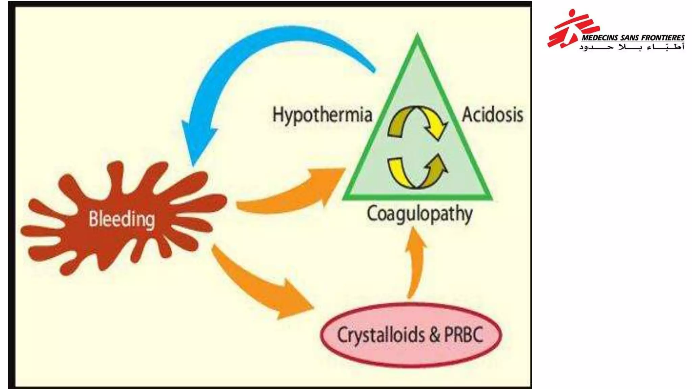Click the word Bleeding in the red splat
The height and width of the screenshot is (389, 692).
click(122, 219)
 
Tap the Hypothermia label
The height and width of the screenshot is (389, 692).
click(322, 115)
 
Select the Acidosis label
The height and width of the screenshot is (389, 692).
click(492, 114)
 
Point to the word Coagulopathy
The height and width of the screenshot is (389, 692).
click(420, 214)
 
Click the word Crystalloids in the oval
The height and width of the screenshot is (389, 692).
click(381, 335)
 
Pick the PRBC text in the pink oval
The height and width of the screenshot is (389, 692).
click(464, 335)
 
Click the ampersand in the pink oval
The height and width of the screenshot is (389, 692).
click(435, 335)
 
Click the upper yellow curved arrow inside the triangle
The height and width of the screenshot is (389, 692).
click(418, 122)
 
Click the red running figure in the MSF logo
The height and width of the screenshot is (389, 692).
click(568, 29)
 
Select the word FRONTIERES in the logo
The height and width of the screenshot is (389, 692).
click(663, 37)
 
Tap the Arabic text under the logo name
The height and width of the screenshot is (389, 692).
click(632, 47)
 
